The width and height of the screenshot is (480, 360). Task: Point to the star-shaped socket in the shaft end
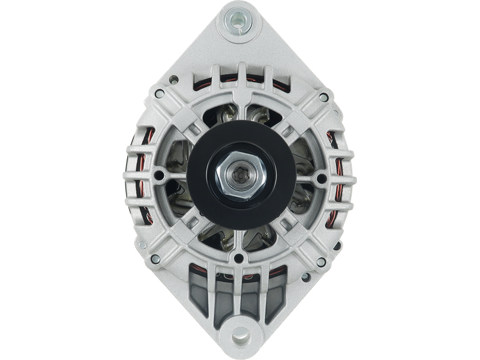[x=240, y=178]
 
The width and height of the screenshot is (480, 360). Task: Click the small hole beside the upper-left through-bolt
[x=173, y=78]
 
